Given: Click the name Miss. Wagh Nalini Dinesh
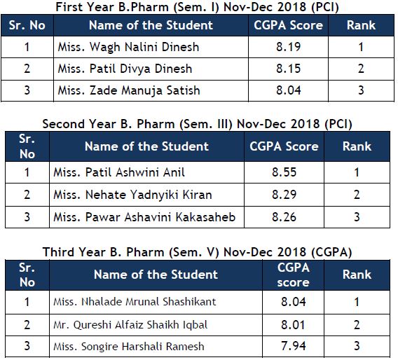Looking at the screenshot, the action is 128,47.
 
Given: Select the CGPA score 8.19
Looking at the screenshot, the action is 289,47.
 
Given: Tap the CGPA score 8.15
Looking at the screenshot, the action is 289,69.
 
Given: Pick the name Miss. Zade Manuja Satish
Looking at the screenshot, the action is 129,91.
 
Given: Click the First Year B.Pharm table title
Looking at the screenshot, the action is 197,7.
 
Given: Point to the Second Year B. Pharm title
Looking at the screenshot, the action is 197,124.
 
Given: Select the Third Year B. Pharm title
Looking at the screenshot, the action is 197,252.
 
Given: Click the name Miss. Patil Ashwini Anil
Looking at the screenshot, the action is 119,172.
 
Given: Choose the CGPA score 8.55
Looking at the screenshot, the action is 284,172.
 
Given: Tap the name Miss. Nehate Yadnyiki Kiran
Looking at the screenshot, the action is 132,195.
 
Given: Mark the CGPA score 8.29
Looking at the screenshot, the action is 284,195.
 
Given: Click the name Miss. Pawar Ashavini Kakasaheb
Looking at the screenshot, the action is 144,217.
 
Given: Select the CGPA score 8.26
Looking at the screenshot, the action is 284,217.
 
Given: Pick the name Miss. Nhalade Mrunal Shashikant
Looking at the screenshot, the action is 135,302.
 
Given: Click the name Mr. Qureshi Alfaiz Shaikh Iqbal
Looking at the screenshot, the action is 130,325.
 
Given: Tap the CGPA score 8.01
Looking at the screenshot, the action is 293,325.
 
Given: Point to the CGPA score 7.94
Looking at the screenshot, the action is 293,346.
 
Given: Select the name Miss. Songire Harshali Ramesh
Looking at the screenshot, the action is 129,347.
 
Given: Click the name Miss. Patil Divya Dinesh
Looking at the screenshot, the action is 125,69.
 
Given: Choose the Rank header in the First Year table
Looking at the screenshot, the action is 361,25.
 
